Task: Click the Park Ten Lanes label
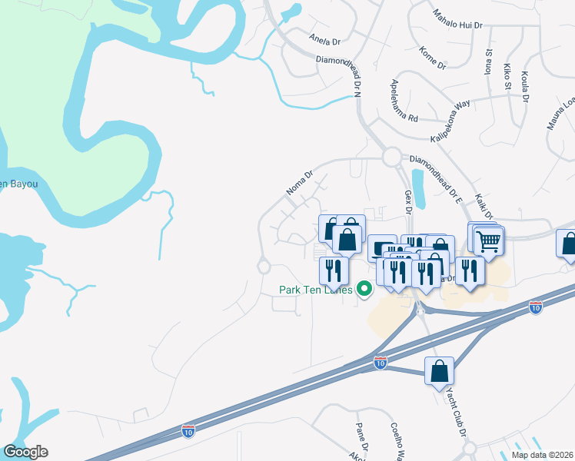coord(315,290)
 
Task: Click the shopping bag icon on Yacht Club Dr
coord(439,371)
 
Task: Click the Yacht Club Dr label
coord(457,412)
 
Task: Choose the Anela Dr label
coord(324,40)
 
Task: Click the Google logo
coord(25,452)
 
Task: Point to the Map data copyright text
coord(542,455)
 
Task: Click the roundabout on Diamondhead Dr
coord(392,158)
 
